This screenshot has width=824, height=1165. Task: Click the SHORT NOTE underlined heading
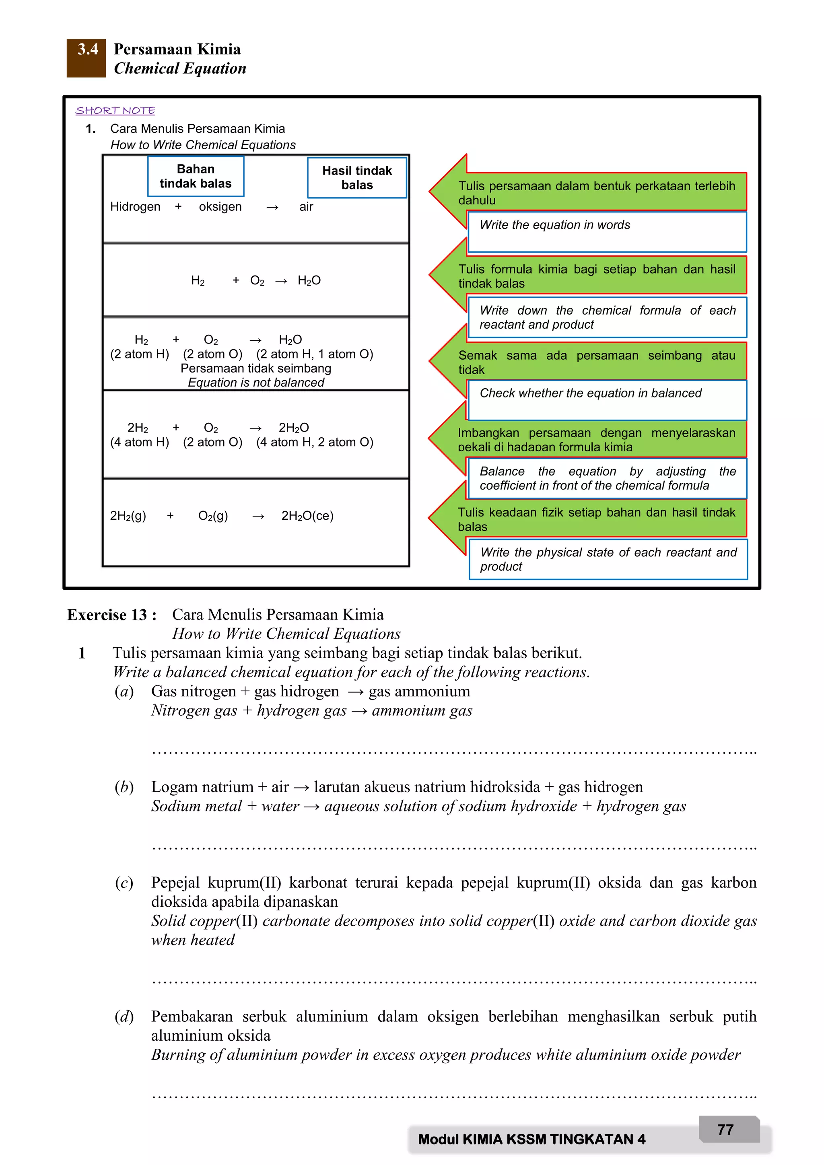pos(115,111)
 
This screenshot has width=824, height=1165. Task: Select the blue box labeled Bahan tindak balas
pos(196,176)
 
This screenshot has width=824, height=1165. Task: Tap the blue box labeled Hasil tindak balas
pos(357,177)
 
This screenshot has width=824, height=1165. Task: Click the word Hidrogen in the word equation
pos(135,206)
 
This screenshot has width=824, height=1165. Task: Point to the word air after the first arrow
pos(306,206)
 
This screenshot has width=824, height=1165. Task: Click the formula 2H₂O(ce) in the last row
pos(307,516)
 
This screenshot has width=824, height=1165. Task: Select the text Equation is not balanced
pos(256,383)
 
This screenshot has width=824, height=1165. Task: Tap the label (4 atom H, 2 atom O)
pos(315,442)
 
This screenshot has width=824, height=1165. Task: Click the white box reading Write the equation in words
pos(606,231)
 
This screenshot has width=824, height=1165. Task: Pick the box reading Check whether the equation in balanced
pos(606,400)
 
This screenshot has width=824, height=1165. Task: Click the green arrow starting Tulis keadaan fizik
pos(596,519)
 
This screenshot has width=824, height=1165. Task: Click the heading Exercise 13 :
pos(111,615)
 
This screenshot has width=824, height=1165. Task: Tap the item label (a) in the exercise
pos(124,692)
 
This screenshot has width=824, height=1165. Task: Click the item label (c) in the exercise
pos(124,883)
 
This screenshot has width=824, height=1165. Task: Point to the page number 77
pos(725,1130)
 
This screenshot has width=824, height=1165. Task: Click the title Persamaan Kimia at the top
pos(177,49)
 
